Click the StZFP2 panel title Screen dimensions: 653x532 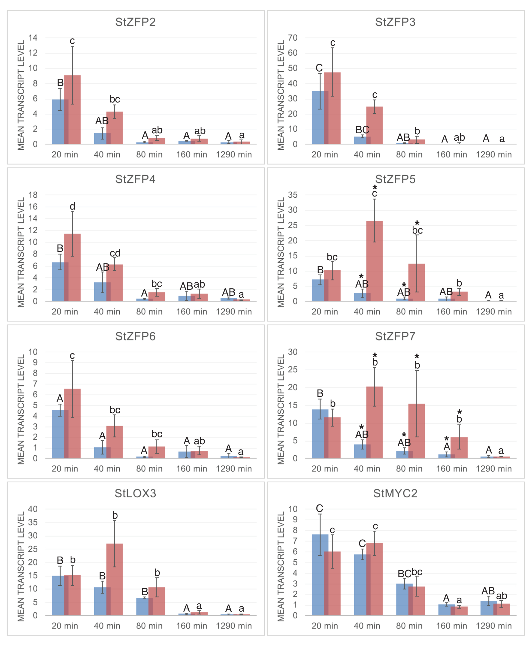(x=135, y=22)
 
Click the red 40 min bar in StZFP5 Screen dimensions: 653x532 (x=375, y=261)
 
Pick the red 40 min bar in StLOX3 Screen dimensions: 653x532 (x=115, y=579)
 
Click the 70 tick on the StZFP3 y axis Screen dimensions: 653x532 (x=293, y=38)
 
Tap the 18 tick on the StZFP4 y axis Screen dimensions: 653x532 (x=33, y=195)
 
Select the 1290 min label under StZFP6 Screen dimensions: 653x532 (x=234, y=468)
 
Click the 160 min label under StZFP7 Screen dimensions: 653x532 (x=451, y=468)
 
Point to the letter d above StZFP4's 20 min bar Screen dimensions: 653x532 (x=72, y=206)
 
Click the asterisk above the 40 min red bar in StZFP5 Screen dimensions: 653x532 (x=375, y=187)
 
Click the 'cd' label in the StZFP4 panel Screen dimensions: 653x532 (x=115, y=253)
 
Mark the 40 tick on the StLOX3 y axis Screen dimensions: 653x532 (x=33, y=509)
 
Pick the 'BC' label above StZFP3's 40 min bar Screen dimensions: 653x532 (x=362, y=130)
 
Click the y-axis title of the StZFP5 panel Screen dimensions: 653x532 (x=281, y=252)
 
